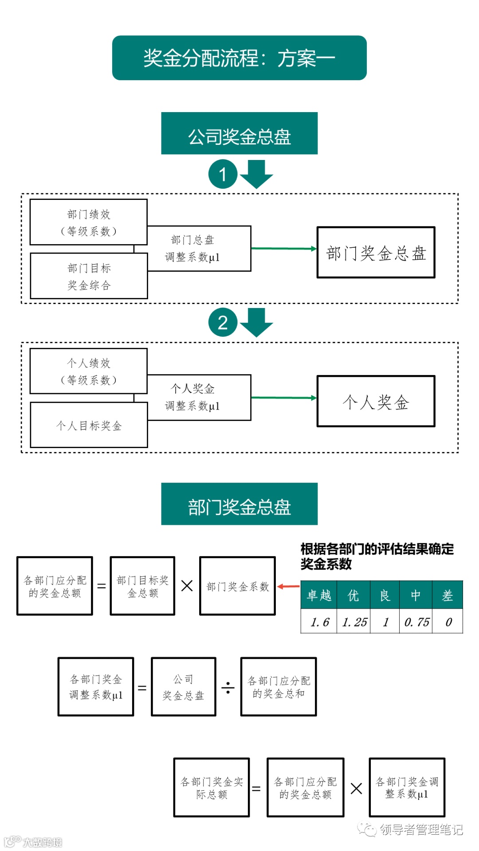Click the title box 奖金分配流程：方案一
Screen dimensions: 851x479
(x=239, y=58)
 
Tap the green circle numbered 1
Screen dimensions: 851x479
(x=223, y=174)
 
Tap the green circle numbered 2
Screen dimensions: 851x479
(x=223, y=322)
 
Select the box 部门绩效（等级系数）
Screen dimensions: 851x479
(x=88, y=222)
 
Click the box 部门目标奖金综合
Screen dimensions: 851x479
(x=89, y=276)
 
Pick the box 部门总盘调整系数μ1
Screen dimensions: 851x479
(x=199, y=249)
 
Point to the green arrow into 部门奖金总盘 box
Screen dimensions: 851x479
(x=284, y=249)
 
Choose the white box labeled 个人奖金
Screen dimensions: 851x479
(x=376, y=402)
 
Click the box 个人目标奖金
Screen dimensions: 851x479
(x=89, y=425)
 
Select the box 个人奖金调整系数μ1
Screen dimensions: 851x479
(x=199, y=398)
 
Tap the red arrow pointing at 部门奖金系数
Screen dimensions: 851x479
(x=288, y=586)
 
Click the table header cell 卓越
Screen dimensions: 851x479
(x=319, y=595)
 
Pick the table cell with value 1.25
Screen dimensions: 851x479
(x=354, y=622)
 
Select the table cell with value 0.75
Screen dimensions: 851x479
(x=416, y=622)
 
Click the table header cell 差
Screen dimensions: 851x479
(x=448, y=595)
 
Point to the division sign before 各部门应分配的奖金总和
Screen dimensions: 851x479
(x=228, y=687)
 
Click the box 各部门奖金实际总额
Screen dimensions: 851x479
(x=212, y=788)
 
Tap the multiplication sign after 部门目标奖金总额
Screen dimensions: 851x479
(x=187, y=586)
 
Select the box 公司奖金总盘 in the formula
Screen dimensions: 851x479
(x=184, y=687)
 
